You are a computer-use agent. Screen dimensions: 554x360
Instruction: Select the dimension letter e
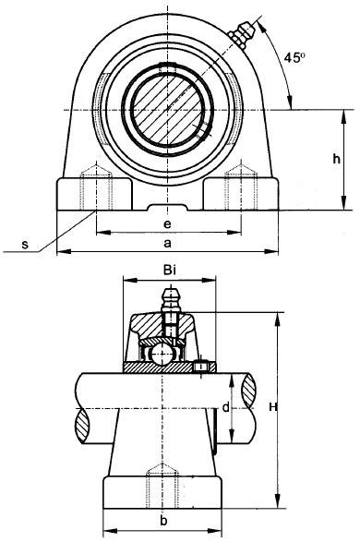166,224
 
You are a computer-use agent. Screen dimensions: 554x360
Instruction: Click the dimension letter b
162,522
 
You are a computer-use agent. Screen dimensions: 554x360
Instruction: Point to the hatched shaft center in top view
167,109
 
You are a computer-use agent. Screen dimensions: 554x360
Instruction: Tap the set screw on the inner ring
203,367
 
